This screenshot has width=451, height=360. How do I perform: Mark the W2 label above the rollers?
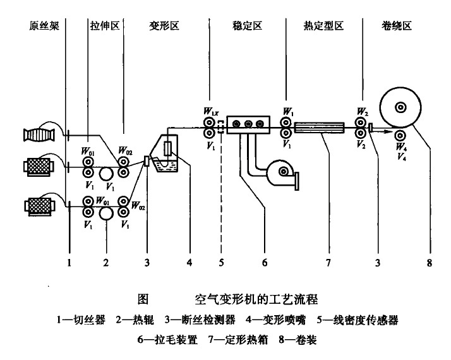[x=362, y=112]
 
